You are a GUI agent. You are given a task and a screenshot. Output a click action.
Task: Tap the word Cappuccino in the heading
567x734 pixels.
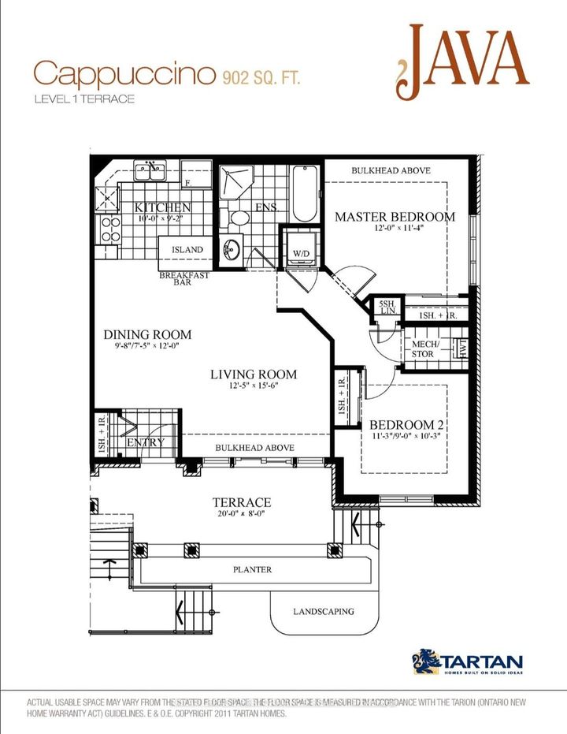pos(124,75)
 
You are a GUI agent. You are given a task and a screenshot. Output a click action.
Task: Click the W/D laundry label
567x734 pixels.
pos(300,253)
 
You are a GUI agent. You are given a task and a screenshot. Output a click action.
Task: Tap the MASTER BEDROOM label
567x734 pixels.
pos(395,217)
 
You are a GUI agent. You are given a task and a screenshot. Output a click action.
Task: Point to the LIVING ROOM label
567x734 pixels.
pos(254,374)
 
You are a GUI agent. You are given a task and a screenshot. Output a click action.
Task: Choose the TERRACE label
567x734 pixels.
pos(242,502)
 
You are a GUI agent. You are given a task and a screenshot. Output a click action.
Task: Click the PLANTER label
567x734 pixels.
pos(252,569)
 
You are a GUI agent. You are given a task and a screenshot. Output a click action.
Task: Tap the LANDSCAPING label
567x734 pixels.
pos(324,611)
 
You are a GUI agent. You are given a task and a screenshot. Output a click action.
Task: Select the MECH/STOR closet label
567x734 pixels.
pos(423,349)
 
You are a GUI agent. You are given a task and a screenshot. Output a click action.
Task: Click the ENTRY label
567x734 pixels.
pos(145,442)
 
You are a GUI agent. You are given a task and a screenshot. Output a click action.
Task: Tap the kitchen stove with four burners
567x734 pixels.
pos(109,228)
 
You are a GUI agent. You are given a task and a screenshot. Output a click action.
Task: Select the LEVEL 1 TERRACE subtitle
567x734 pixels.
pos(84,99)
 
